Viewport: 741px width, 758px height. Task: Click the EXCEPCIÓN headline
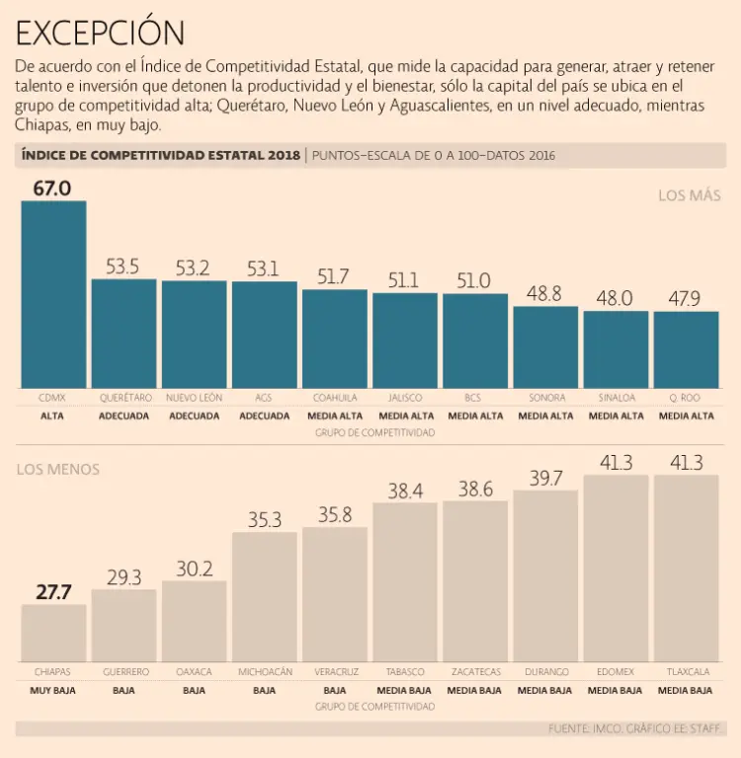coord(100,33)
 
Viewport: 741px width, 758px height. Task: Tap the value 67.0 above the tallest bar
coord(52,188)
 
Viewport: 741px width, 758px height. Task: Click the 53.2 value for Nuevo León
coord(193,267)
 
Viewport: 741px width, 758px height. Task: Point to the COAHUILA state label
coord(334,398)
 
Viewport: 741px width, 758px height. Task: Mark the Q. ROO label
coord(685,398)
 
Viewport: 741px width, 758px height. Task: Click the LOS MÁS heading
coord(690,195)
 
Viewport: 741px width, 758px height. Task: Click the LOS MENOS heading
coord(57,470)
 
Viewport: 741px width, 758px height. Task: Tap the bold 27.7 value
coord(53,592)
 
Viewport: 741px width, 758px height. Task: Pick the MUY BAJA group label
coord(53,690)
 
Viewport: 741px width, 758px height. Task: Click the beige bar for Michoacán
coord(264,597)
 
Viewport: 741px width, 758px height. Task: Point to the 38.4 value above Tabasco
coord(404,490)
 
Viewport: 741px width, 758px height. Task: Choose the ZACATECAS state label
coord(474,672)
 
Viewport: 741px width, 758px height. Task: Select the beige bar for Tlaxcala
coord(685,568)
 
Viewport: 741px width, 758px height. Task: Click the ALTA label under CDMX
coord(53,417)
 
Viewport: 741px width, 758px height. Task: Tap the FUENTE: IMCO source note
coord(636,728)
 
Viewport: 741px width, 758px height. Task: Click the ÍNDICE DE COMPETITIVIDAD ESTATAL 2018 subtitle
coord(159,156)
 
